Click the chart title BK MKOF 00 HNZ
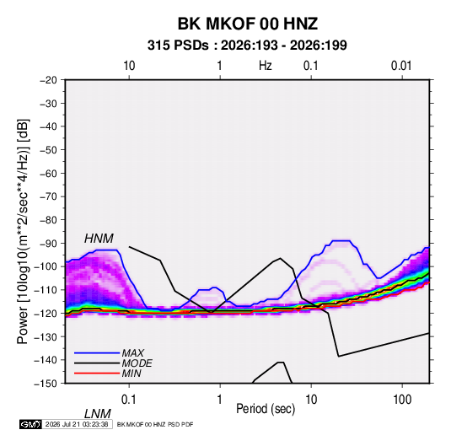(247, 24)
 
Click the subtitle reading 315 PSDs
(178, 46)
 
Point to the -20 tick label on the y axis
(48, 80)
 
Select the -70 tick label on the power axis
(48, 196)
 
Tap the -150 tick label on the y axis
(46, 384)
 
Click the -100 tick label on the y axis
(46, 266)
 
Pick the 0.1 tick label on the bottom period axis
(129, 400)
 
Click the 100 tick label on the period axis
(402, 400)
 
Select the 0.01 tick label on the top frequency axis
(401, 66)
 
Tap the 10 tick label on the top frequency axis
(129, 66)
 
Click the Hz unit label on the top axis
(265, 66)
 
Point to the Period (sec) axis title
(266, 409)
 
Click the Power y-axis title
(23, 232)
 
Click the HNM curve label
(99, 239)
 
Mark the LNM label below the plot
(97, 414)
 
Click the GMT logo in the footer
(31, 424)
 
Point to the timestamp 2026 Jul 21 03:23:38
(77, 424)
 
